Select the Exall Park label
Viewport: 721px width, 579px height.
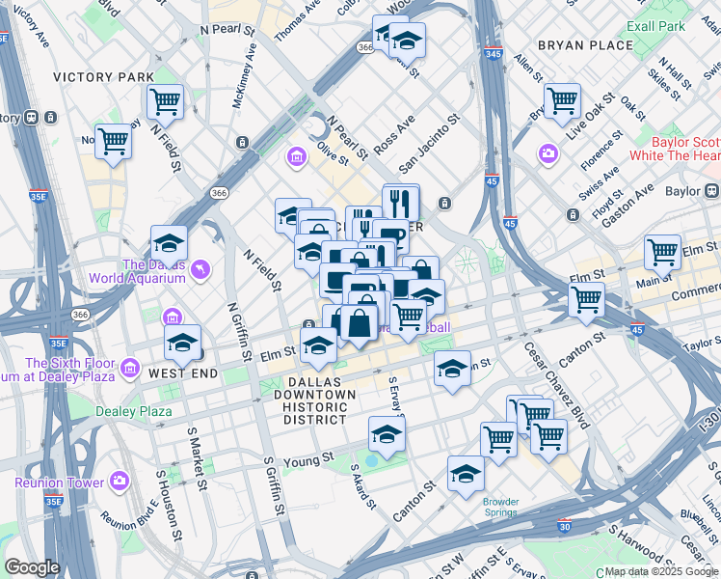tap(655, 25)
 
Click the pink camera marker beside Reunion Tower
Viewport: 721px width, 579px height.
tap(119, 480)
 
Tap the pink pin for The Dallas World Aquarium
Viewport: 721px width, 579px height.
tap(200, 269)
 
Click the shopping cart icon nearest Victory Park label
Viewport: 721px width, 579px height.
tap(165, 100)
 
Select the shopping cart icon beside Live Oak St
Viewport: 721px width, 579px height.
tap(562, 99)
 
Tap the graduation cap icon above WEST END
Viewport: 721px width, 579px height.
tap(182, 342)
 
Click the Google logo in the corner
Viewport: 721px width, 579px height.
tap(32, 567)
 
